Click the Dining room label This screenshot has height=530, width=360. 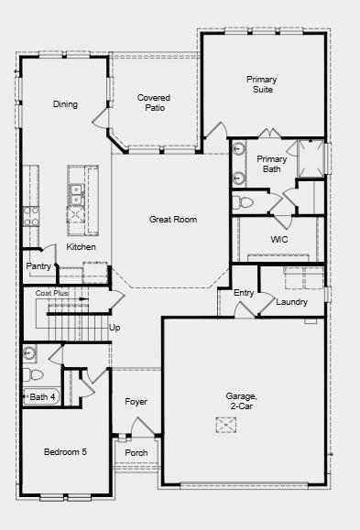(65, 104)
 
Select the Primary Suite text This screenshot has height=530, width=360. (261, 85)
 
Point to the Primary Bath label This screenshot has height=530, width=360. (272, 164)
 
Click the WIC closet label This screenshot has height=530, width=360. (279, 239)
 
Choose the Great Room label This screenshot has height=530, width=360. (173, 220)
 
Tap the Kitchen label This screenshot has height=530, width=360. (81, 247)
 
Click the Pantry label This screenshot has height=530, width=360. (38, 266)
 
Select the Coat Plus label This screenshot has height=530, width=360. (52, 293)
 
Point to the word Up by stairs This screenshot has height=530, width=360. (115, 327)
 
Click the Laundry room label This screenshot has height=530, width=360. (291, 302)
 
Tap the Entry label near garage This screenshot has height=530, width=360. (244, 293)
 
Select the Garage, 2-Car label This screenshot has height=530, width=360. (243, 401)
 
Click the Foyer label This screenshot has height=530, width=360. (136, 402)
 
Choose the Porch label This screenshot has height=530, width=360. (136, 453)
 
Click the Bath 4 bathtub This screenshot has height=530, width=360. (42, 396)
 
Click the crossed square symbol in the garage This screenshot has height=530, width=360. (226, 425)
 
